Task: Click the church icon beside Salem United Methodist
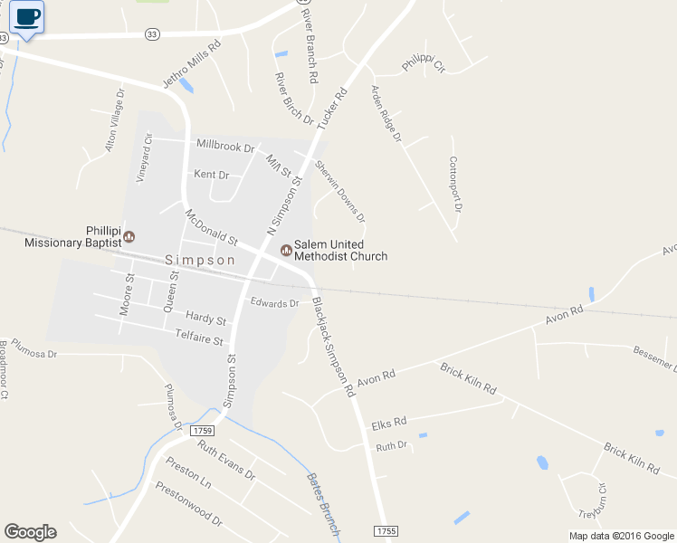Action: tap(286, 250)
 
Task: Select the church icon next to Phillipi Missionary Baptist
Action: tap(129, 236)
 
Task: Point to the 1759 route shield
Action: tap(204, 432)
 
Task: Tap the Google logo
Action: tap(30, 532)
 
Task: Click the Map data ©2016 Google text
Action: tap(621, 536)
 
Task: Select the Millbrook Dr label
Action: tap(225, 146)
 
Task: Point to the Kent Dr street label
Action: tap(212, 174)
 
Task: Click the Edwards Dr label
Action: tap(274, 303)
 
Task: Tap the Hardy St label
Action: tap(205, 318)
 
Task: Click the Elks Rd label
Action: tap(389, 422)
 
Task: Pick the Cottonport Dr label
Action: tap(455, 184)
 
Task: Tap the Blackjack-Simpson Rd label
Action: tap(333, 348)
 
